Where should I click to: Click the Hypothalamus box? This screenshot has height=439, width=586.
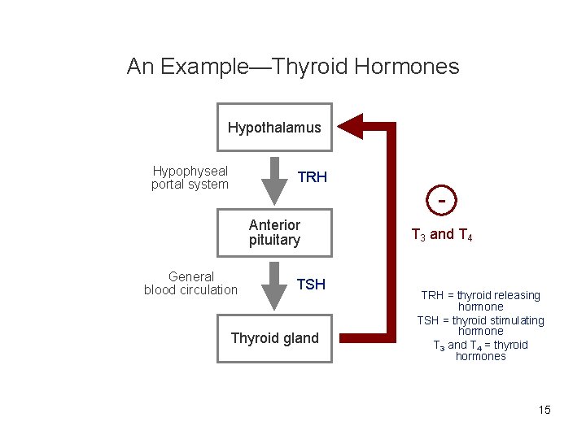[274, 128]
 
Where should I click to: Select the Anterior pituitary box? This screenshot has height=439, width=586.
[274, 233]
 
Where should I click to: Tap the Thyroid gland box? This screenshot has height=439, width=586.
[274, 338]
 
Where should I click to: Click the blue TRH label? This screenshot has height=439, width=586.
[312, 177]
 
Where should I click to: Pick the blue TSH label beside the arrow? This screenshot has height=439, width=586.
[311, 284]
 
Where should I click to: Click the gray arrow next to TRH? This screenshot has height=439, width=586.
[275, 180]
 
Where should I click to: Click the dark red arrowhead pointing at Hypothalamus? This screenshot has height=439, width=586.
[351, 126]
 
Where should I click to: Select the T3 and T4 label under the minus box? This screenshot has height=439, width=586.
[442, 235]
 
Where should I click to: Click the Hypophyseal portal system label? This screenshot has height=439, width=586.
[190, 178]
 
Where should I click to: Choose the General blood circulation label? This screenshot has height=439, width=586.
[190, 283]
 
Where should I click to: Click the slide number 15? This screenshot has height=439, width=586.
[544, 410]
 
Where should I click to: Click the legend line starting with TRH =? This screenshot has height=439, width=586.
[480, 295]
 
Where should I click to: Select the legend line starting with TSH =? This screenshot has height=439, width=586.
[480, 320]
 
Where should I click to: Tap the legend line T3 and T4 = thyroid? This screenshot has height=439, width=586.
[480, 345]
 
